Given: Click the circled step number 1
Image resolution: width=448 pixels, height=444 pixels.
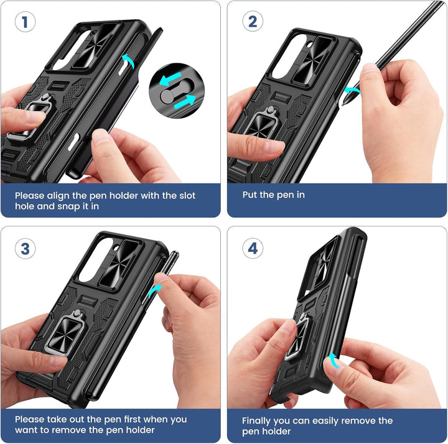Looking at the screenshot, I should [25, 23].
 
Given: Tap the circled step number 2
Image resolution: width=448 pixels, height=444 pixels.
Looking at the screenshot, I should [252, 23].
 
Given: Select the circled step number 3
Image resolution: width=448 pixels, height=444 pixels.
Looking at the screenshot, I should [25, 249].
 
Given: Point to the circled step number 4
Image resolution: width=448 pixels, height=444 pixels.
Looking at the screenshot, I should [252, 249].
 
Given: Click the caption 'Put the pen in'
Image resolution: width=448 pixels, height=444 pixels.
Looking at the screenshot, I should [273, 195].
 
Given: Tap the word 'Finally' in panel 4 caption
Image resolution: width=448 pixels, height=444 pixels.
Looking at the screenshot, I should [257, 420].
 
